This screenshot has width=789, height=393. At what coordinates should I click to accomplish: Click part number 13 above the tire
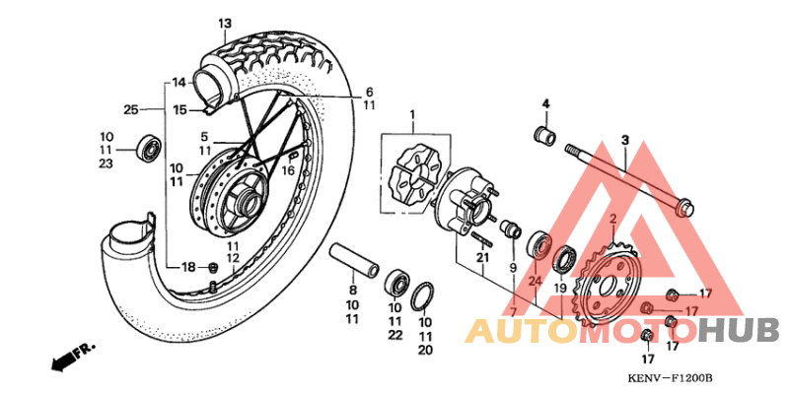(225, 23)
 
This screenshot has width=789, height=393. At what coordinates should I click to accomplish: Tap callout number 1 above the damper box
(413, 116)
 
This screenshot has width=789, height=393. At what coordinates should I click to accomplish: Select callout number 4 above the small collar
(544, 103)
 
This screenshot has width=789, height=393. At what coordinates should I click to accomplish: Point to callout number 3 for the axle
(624, 141)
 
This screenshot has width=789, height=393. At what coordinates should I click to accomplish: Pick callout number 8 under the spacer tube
(352, 291)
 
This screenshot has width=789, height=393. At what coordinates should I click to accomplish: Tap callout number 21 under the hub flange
(482, 259)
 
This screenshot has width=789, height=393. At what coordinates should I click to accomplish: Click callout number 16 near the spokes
(288, 169)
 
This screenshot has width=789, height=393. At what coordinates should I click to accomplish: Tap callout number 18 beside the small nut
(188, 267)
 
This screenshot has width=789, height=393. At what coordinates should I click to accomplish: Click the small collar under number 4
(544, 133)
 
